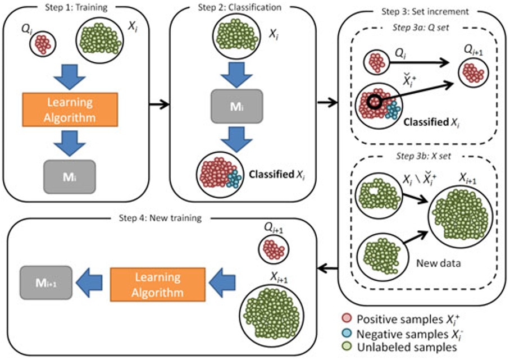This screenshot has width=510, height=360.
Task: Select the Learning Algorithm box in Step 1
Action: click(70, 110)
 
